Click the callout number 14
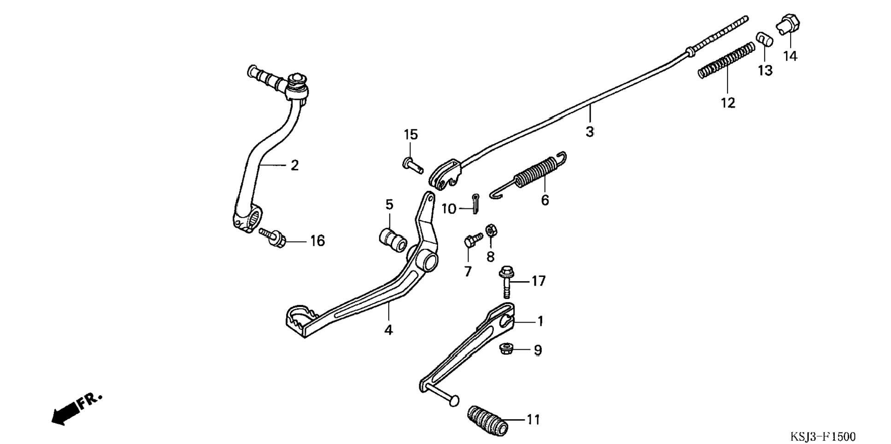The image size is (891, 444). [x=790, y=56]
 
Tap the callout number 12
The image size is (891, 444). [x=728, y=103]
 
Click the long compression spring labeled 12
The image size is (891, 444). [x=727, y=60]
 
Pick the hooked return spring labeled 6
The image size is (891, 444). [x=528, y=175]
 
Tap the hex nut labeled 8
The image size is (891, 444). [x=491, y=230]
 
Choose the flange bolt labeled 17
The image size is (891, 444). [x=506, y=283]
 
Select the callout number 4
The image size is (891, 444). [x=388, y=330]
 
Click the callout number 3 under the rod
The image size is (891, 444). [x=590, y=132]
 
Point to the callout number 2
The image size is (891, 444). [x=294, y=165]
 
